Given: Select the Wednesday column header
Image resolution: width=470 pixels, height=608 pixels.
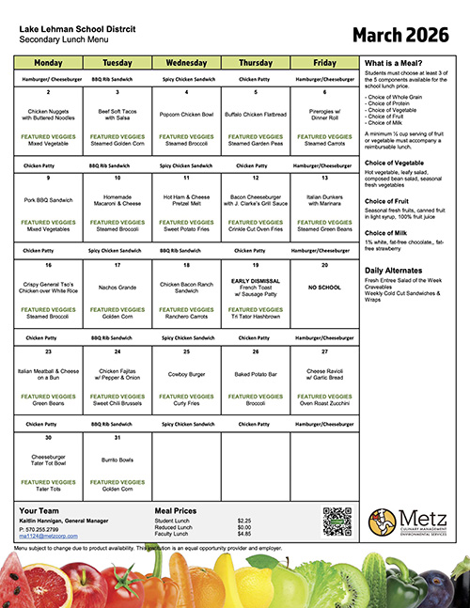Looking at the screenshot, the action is click(186, 62).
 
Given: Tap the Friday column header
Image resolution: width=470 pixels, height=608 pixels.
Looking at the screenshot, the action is click(324, 62).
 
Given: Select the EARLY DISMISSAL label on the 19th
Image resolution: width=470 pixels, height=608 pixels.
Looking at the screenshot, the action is click(256, 281).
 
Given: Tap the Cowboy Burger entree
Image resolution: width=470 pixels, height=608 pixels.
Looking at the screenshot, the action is click(186, 373).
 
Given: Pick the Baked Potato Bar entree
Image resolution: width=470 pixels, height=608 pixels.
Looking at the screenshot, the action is click(256, 373).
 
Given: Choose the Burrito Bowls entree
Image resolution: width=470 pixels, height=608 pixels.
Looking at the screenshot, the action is click(117, 460).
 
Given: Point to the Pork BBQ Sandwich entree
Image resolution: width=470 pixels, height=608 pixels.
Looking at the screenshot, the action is click(47, 199).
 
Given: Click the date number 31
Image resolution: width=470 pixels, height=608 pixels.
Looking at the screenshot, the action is click(117, 438).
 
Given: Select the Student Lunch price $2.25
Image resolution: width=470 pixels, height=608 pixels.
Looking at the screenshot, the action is click(243, 521).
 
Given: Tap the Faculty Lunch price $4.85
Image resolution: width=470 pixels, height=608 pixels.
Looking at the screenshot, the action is click(243, 534).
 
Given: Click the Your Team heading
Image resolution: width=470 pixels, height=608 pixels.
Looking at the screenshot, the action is click(39, 510).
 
